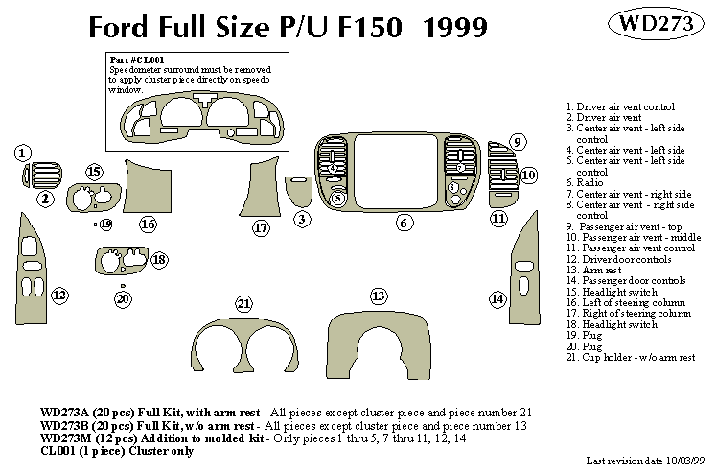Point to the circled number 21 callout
point(244,304)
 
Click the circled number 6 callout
point(405,223)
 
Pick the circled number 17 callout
point(261,227)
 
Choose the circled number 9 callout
point(517,142)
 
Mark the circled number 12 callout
point(59,295)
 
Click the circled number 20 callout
point(123,298)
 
